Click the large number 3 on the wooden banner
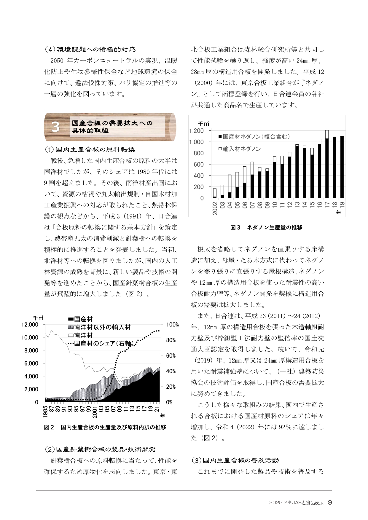pos(55,127)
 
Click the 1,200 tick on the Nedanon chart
pos(197,131)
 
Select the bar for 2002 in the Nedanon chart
pos(215,193)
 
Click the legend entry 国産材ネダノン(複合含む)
pos(254,137)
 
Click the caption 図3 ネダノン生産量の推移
pos(266,227)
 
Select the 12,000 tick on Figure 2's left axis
pos(30,325)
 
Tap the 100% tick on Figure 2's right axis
pos(172,325)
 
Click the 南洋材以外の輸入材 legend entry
pos(99,327)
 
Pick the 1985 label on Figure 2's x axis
pos(45,412)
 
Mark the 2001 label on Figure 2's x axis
pos(95,412)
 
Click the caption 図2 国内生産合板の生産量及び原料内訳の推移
pos(105,427)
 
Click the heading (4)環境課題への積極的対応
pos(90,49)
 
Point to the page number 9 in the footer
pos(330,503)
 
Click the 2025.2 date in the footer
pos(278,503)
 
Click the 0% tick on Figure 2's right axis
pos(169,402)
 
